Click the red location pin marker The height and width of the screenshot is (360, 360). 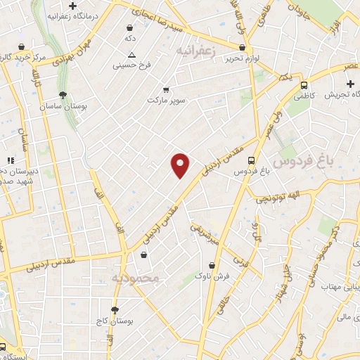(181, 165)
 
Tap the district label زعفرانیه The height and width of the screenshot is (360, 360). (194, 51)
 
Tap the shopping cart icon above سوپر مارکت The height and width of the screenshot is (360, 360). (166, 89)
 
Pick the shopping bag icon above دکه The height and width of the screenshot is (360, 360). (130, 25)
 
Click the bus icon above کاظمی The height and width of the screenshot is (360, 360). (304, 84)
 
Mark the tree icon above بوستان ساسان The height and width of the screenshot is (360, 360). (63, 94)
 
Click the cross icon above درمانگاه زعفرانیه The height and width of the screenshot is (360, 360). (72, 6)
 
